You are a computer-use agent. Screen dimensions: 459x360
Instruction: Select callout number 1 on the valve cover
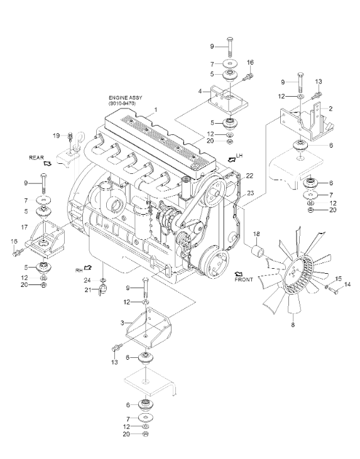tap(156, 111)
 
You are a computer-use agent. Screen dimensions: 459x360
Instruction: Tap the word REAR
tap(36, 159)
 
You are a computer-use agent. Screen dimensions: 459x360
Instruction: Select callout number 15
tap(339, 278)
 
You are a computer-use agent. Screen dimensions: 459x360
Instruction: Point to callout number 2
tap(330, 109)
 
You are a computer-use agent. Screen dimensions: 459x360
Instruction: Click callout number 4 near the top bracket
tap(199, 92)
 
